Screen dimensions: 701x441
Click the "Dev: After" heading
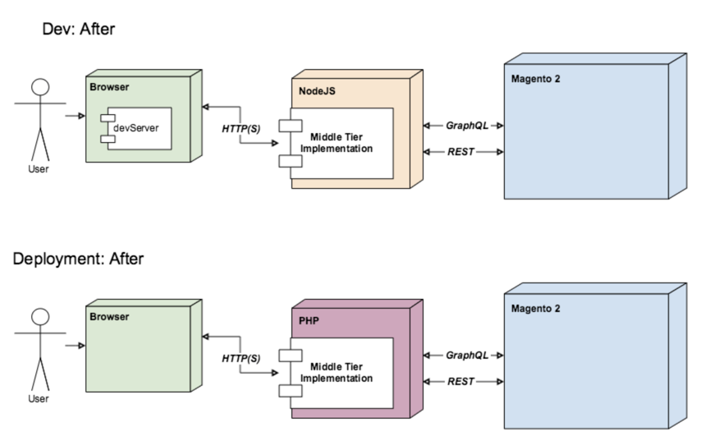(x=79, y=29)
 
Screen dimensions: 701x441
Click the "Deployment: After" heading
(x=78, y=259)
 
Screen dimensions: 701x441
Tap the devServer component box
(x=136, y=128)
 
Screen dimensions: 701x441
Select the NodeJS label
(x=317, y=91)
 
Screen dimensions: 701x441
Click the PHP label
(x=309, y=321)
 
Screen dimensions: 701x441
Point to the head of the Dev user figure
(x=40, y=87)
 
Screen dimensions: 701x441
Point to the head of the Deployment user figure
(x=40, y=317)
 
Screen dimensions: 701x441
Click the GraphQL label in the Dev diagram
(x=467, y=126)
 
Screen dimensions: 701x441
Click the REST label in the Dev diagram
(x=460, y=152)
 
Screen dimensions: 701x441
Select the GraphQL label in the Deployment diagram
(x=467, y=356)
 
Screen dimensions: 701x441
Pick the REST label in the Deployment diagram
(x=460, y=382)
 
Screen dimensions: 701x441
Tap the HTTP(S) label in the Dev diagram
(x=241, y=129)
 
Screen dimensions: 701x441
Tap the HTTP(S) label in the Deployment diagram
(x=241, y=359)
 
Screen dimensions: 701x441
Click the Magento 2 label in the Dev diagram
(x=535, y=79)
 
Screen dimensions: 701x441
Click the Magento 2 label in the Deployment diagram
(x=535, y=309)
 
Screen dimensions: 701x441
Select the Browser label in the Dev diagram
(x=109, y=87)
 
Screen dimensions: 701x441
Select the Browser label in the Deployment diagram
(x=109, y=317)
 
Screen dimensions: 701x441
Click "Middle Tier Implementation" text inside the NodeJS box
(x=337, y=143)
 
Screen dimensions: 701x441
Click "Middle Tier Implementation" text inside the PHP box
(x=337, y=373)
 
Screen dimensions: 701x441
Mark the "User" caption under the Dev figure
(x=39, y=169)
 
